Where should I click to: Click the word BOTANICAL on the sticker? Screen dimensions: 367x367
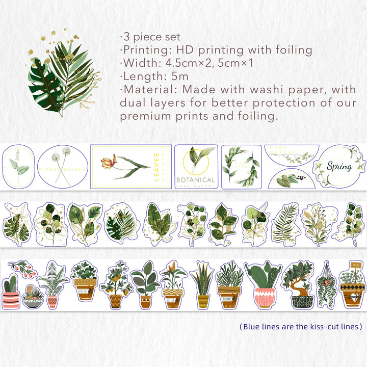[x=196, y=180]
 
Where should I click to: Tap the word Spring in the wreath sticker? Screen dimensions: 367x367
[x=339, y=167]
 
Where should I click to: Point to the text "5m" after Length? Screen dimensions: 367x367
[x=180, y=76]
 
